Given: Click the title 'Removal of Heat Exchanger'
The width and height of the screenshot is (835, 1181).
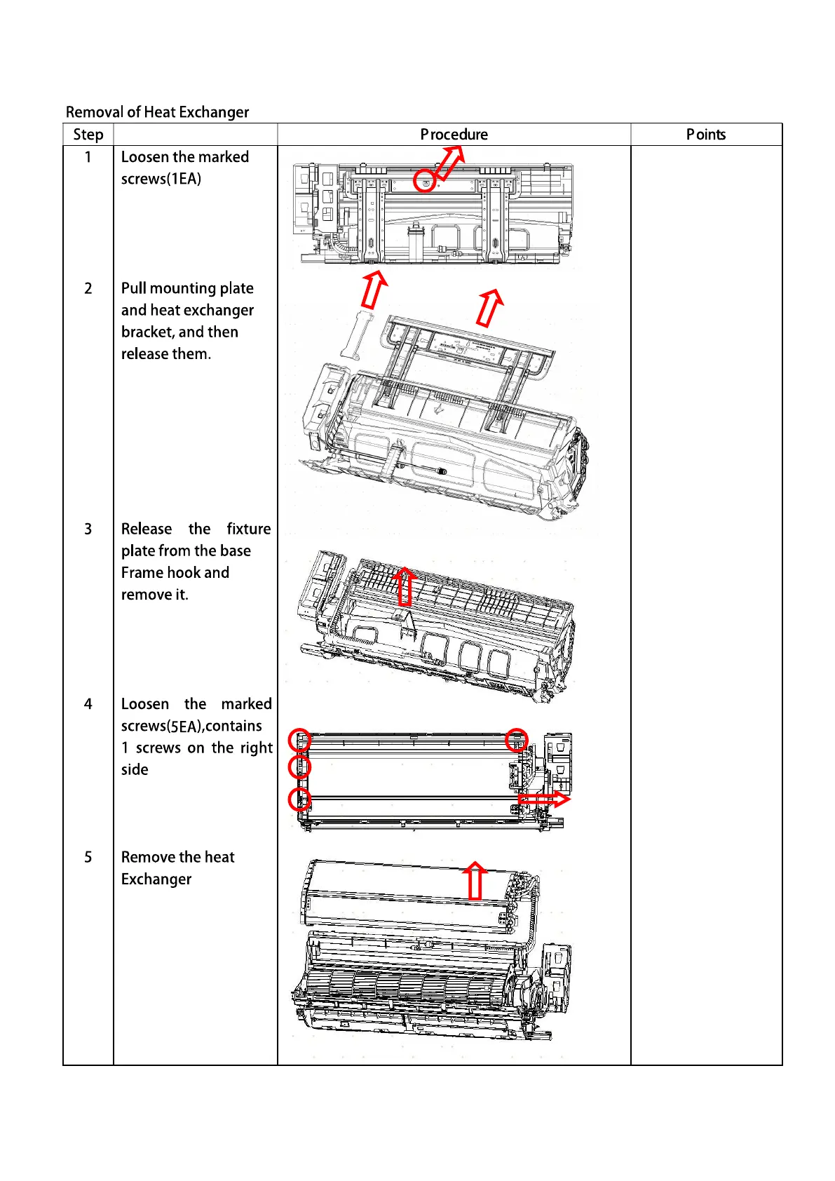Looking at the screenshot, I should (157, 112).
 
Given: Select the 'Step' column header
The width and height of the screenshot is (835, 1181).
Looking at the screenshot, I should (88, 135).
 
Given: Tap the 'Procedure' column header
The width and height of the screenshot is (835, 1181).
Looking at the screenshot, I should (454, 135).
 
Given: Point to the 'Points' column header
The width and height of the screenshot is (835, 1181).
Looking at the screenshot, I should (706, 135).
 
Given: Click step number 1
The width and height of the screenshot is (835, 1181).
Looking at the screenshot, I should (88, 157).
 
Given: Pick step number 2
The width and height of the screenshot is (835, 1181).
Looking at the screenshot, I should (88, 288).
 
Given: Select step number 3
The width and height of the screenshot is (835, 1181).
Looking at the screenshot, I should (88, 529).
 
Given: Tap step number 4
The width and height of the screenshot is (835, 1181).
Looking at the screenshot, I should (88, 704).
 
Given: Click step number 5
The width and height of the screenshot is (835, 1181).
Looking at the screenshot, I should (88, 857).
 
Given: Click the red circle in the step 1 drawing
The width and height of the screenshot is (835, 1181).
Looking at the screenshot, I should (424, 181).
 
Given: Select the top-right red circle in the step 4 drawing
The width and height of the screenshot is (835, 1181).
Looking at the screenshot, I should (517, 740).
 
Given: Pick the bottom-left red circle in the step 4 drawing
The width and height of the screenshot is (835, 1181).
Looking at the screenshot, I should (300, 799).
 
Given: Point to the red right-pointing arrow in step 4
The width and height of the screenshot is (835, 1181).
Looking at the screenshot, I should (544, 799).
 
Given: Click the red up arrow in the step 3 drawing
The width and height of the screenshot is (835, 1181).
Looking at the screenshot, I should (405, 586).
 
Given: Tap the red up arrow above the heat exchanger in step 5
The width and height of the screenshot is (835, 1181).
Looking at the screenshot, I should (475, 881).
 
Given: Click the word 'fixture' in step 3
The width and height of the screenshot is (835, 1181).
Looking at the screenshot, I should (248, 529).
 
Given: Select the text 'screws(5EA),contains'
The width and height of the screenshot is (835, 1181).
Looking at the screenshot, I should (191, 726).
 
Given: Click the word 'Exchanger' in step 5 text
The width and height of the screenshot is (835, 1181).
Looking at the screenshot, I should (156, 879).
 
